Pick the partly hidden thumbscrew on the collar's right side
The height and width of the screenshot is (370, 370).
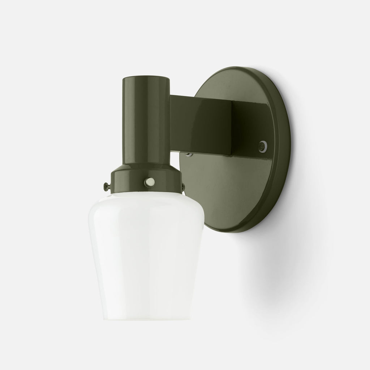(x=183, y=186)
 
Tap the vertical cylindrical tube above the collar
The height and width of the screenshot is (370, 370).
(x=145, y=119)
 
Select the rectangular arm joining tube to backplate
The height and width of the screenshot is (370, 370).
(x=202, y=123)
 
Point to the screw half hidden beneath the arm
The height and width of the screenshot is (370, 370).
(x=189, y=154)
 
